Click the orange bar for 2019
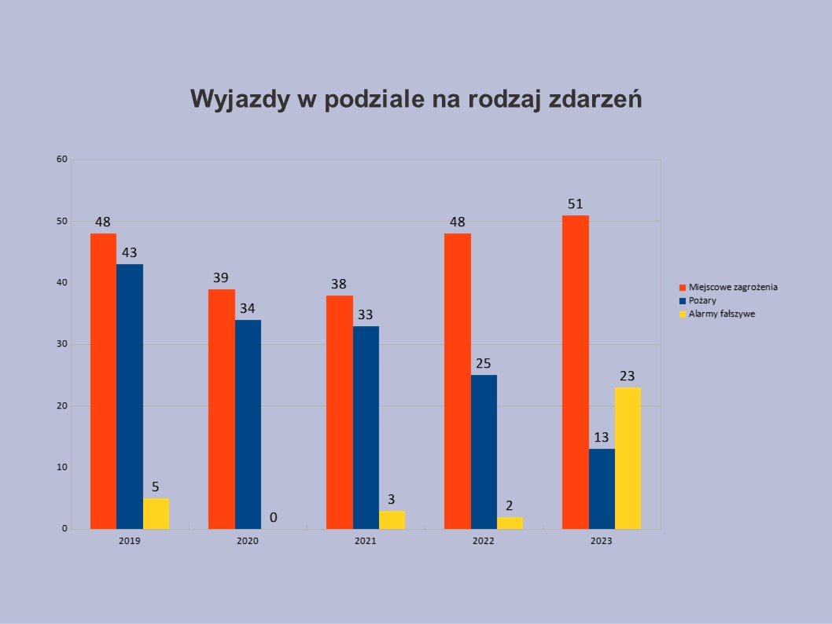103,381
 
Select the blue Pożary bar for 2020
248,424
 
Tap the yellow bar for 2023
628,458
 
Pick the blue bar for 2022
484,452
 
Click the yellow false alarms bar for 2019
156,513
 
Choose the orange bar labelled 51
576,372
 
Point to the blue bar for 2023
602,489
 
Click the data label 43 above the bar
130,253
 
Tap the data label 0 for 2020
274,517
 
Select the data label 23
628,376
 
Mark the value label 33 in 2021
366,314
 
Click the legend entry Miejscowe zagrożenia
733,287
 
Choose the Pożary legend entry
702,300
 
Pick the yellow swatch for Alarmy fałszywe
683,314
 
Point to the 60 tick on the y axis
62,160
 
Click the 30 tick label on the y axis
62,344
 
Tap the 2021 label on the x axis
366,541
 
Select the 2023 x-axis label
602,541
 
